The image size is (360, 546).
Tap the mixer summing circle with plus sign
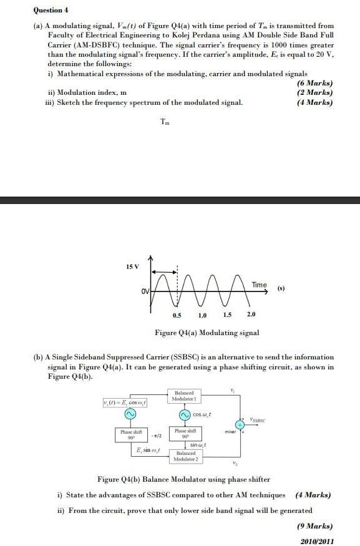coord(238,424)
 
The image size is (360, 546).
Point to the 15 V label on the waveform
coord(132,267)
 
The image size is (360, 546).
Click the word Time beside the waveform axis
coord(259,285)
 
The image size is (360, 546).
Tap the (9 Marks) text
coord(314,526)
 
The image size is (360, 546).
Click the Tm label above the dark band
coord(164,122)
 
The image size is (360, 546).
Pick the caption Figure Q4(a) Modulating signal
coord(207,333)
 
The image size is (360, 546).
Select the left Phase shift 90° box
coord(130,434)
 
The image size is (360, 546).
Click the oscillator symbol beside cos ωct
coord(185,414)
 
